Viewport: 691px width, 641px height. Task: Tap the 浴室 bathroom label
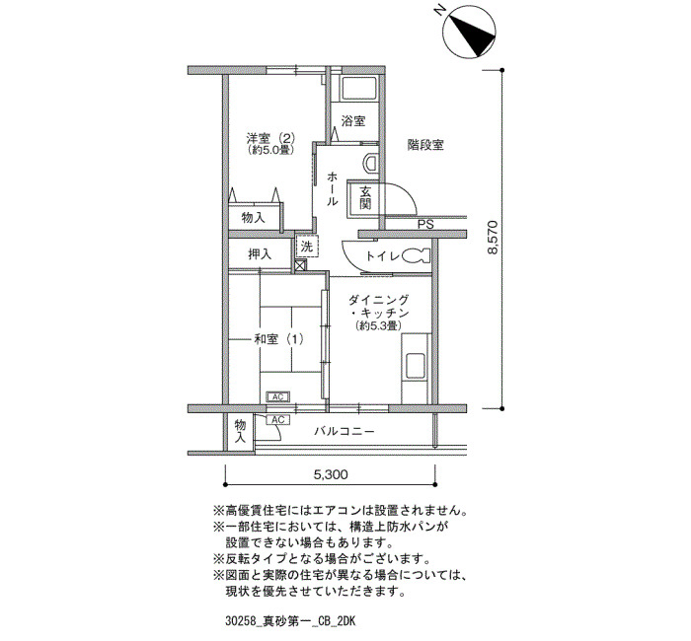pos(353,121)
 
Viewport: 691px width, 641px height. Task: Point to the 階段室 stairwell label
pos(425,145)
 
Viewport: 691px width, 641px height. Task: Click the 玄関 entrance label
pos(365,197)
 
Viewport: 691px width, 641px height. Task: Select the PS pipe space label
pos(425,224)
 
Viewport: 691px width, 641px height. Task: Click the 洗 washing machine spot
pos(307,247)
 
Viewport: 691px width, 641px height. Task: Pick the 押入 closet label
pos(260,254)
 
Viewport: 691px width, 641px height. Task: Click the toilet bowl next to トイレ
pos(416,255)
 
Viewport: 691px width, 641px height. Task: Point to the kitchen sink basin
pos(416,366)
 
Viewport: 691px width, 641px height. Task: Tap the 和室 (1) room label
pos(278,339)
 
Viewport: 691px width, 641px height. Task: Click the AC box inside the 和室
pos(277,397)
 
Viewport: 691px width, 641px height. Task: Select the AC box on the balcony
pos(277,420)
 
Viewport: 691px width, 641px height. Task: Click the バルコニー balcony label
pos(345,431)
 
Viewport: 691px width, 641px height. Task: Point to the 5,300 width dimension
pos(331,474)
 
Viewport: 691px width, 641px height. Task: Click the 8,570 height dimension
pos(493,238)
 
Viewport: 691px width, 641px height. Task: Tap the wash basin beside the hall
pos(370,163)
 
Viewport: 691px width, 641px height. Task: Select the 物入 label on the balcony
pos(240,432)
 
